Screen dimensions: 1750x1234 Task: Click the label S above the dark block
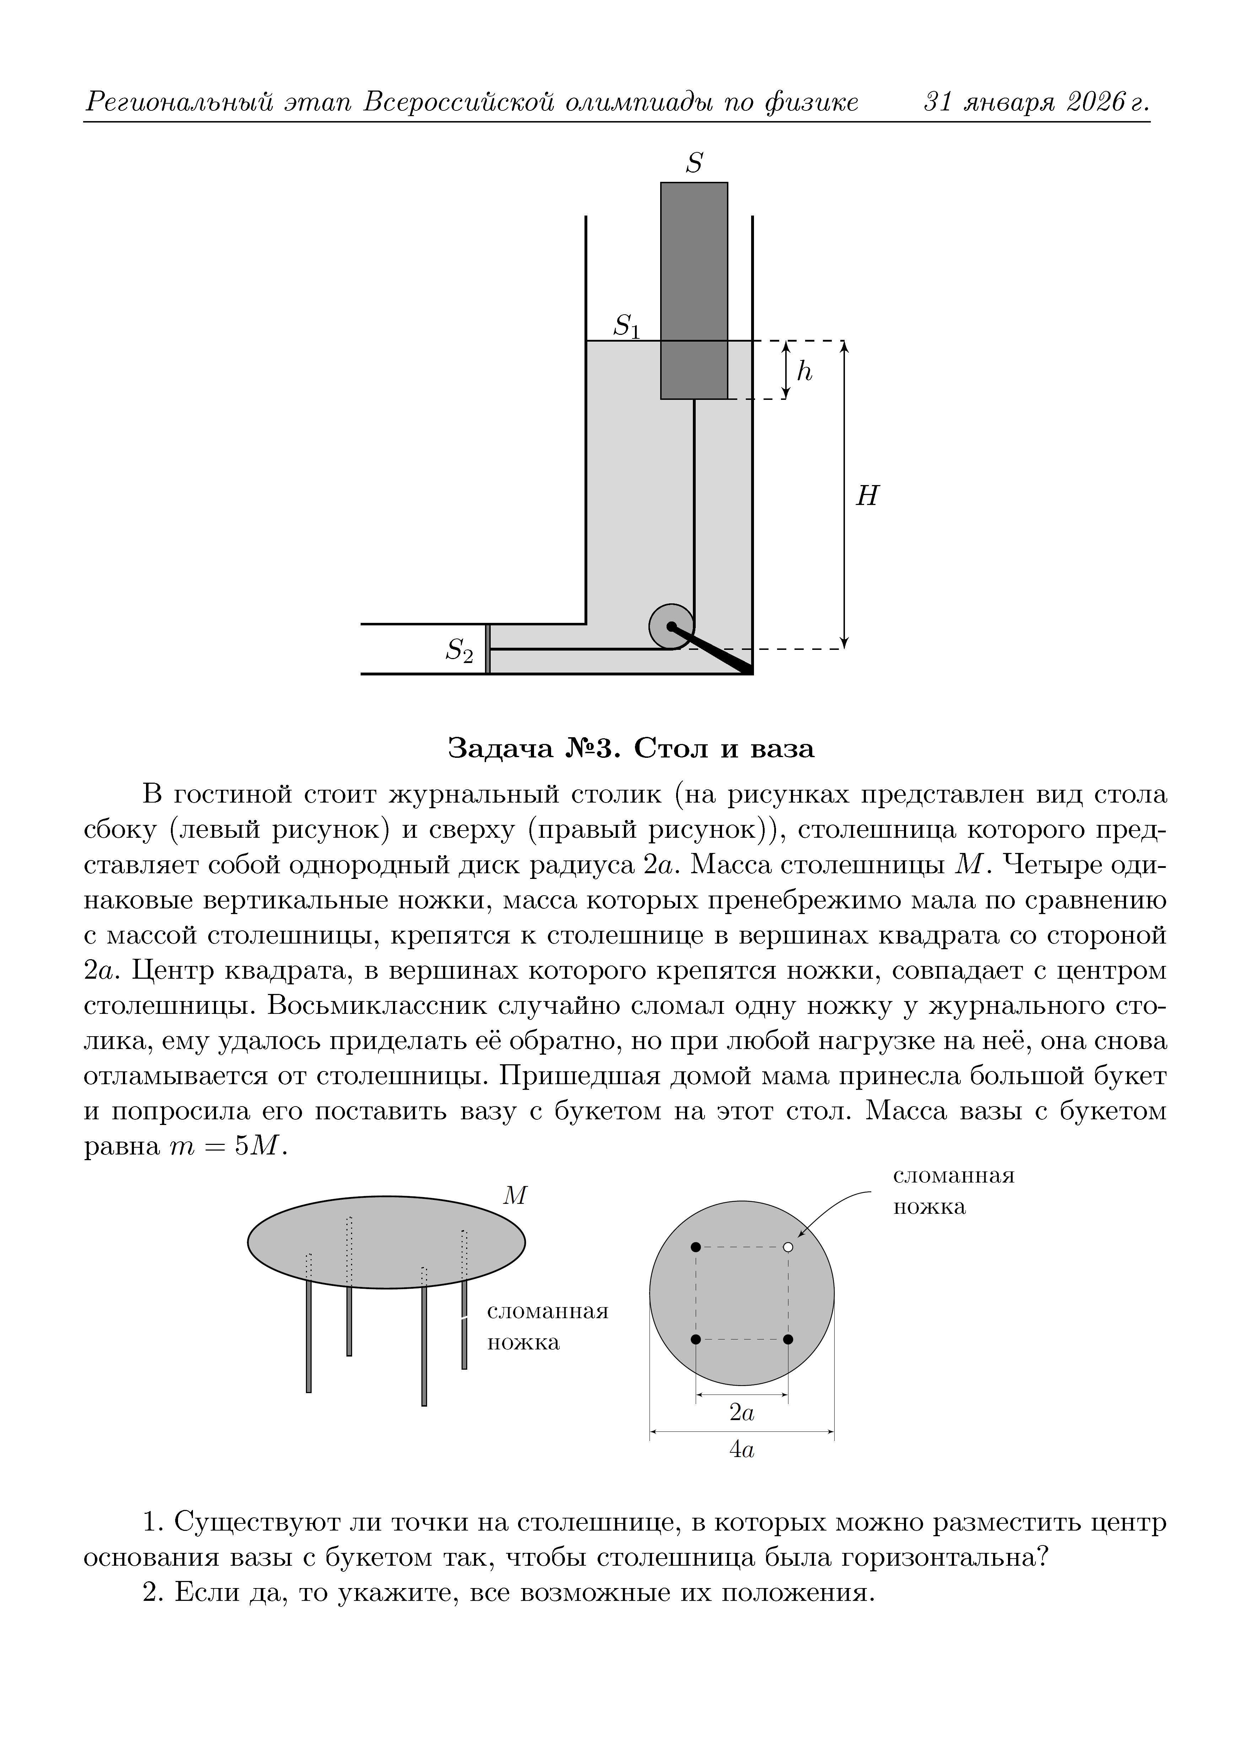point(693,163)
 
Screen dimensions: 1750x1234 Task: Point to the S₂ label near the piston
point(459,650)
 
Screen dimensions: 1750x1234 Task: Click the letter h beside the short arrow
point(804,371)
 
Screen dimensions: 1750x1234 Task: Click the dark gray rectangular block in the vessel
point(693,290)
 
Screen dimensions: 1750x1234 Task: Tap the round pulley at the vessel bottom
point(671,626)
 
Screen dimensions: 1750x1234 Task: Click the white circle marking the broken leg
point(788,1247)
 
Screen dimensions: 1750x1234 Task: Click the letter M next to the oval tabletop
point(515,1196)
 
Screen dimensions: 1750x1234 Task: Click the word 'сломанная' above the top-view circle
point(953,1175)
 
